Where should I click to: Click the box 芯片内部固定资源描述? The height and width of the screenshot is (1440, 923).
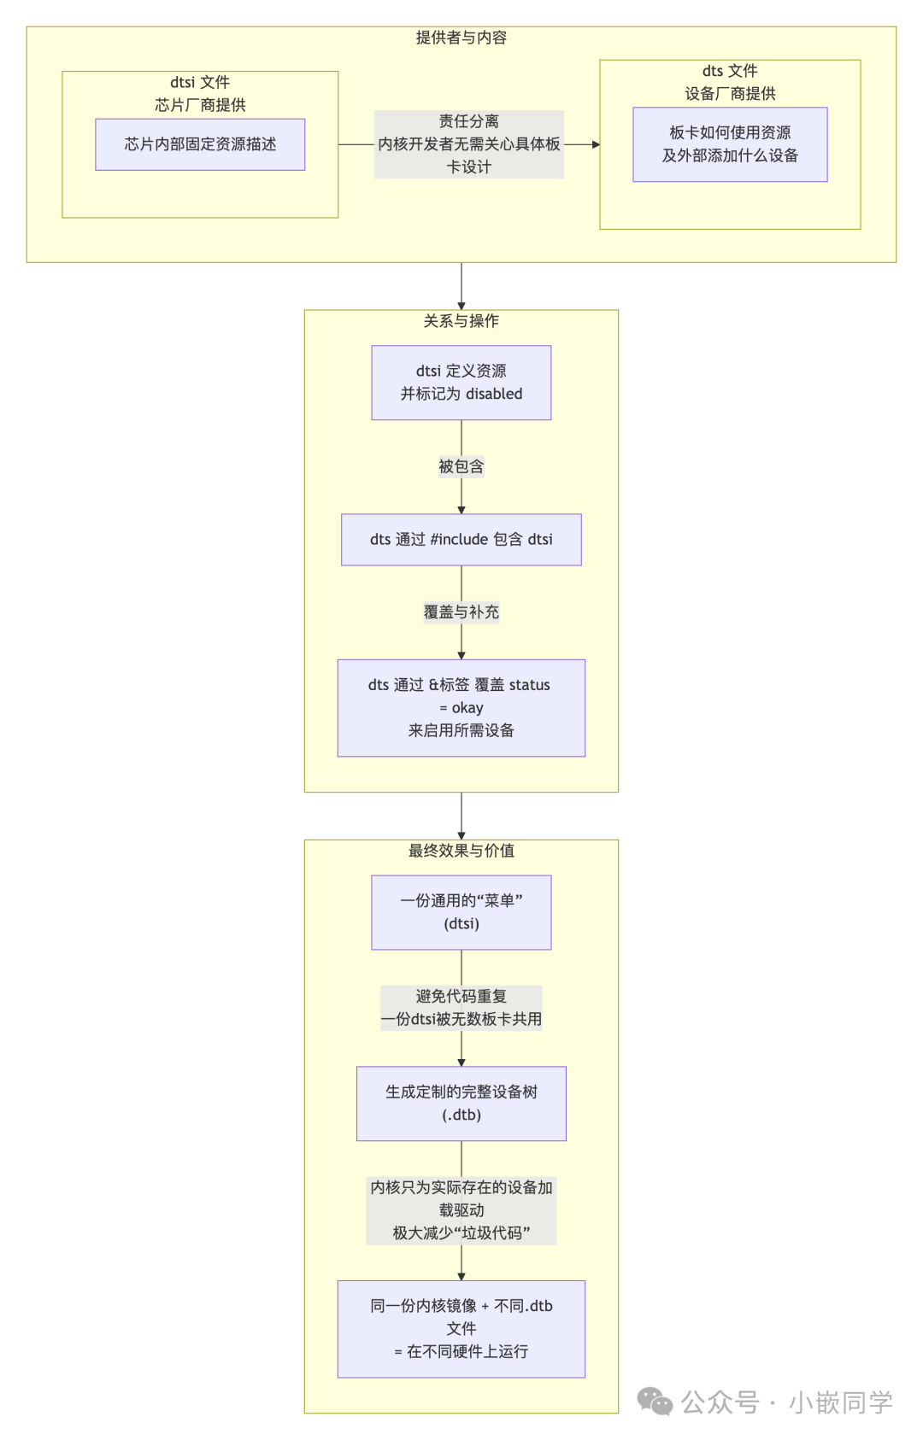pyautogui.click(x=200, y=144)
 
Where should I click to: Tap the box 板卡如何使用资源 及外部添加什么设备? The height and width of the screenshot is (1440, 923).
pyautogui.click(x=730, y=144)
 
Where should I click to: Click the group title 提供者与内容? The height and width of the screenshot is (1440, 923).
pyautogui.click(x=461, y=38)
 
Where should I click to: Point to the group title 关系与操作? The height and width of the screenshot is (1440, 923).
pyautogui.click(x=461, y=321)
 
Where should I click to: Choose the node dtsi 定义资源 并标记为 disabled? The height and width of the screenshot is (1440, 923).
pyautogui.click(x=461, y=383)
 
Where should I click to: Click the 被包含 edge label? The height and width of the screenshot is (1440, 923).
pyautogui.click(x=461, y=466)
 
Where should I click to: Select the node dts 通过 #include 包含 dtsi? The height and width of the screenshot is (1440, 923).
pyautogui.click(x=461, y=540)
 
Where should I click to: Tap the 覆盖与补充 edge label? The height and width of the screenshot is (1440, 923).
pyautogui.click(x=461, y=612)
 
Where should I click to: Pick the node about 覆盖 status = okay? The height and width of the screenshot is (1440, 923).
pyautogui.click(x=461, y=708)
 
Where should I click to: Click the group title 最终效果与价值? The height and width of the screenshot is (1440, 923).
pyautogui.click(x=461, y=851)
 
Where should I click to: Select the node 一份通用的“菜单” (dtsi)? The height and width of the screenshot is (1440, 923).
pyautogui.click(x=461, y=912)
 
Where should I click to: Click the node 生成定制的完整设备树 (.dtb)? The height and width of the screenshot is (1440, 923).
pyautogui.click(x=461, y=1103)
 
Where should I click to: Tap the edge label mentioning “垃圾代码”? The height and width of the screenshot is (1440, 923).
pyautogui.click(x=461, y=1210)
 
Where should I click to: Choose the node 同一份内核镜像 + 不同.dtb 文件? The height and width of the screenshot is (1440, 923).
pyautogui.click(x=461, y=1329)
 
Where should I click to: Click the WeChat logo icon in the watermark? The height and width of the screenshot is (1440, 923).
pyautogui.click(x=656, y=1402)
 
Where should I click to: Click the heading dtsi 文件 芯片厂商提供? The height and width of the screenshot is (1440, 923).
pyautogui.click(x=200, y=94)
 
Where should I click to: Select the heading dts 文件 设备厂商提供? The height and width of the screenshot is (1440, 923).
pyautogui.click(x=730, y=83)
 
